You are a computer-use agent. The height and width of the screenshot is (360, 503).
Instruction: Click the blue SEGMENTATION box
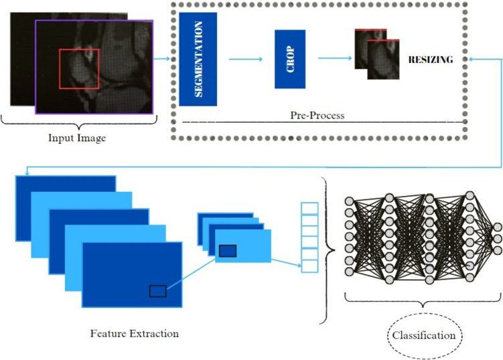pos(198,60)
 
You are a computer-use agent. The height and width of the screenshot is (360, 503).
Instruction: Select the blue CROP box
pos(290,60)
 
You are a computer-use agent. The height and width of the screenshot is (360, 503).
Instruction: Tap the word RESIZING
pos(431,60)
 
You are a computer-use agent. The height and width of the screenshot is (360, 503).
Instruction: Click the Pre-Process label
pos(317,115)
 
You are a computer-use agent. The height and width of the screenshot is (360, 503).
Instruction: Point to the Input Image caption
pos(77,138)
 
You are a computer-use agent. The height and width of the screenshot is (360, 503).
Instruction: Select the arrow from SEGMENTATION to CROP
pos(245,59)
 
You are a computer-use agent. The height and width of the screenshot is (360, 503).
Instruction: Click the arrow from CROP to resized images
pos(335,58)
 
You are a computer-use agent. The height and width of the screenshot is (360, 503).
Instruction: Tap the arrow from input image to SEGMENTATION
pos(161,59)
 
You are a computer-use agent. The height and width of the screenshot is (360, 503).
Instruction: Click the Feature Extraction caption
pos(135,334)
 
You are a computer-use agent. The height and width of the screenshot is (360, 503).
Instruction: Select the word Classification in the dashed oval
pos(424,335)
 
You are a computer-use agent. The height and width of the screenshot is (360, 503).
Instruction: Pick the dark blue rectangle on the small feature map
pos(228,251)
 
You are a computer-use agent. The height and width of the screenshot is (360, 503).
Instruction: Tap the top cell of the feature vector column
pos(309,208)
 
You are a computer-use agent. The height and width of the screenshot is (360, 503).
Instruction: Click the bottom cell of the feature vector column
pos(309,266)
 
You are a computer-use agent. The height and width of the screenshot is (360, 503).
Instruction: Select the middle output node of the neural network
pos(498,239)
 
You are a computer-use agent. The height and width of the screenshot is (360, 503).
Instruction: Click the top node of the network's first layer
pos(349,201)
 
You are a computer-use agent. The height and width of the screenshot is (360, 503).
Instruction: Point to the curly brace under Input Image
pos(79,122)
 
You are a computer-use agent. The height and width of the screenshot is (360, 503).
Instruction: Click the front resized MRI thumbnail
pos(383,60)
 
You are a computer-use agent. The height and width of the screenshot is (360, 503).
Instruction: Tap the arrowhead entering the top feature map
pos(27,174)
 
